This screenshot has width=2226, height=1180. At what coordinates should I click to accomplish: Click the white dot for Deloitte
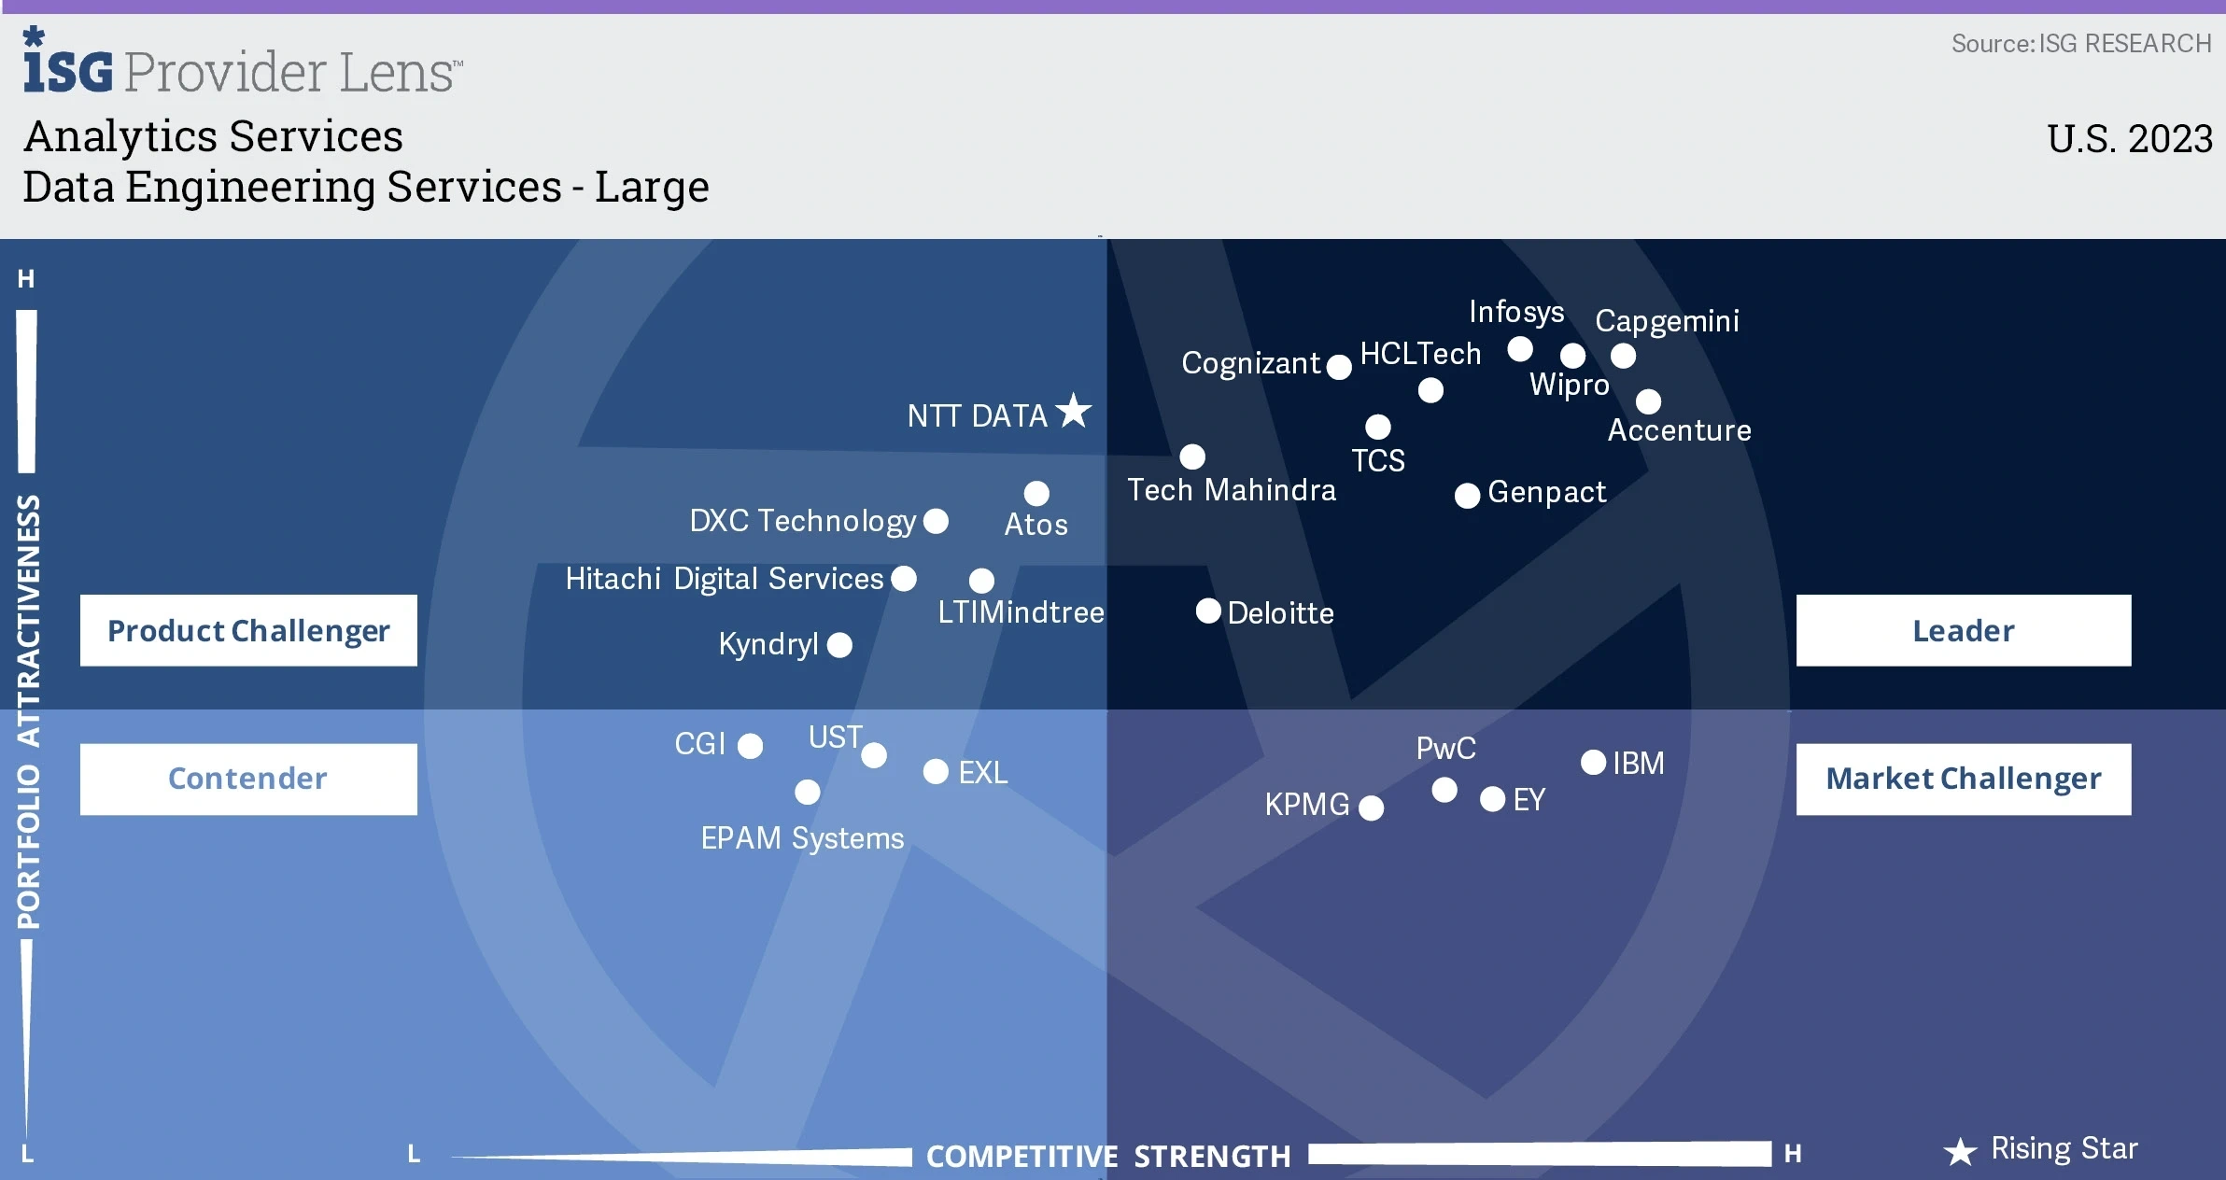click(1208, 611)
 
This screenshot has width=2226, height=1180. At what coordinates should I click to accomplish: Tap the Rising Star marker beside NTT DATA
click(1074, 411)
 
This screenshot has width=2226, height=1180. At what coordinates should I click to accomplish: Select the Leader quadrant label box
click(1964, 630)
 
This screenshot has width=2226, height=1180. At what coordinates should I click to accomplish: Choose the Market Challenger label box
click(1964, 779)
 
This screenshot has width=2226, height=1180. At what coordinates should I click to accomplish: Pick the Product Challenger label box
click(248, 630)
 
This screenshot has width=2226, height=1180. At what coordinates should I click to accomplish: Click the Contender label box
click(248, 779)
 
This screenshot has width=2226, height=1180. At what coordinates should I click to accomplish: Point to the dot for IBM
click(1593, 763)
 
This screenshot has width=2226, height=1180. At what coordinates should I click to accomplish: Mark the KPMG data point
click(1372, 808)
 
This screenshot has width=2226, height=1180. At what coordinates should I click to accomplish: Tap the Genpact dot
click(1468, 496)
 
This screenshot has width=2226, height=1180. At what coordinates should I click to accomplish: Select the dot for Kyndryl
click(839, 645)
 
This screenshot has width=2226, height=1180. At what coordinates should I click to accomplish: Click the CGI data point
click(750, 746)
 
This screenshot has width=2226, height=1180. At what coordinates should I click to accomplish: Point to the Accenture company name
click(1679, 430)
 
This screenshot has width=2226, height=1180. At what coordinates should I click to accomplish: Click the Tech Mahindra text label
click(1232, 490)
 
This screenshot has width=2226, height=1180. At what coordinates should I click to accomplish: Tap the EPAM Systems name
click(802, 838)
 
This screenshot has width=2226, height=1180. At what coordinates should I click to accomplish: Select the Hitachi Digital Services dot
click(904, 579)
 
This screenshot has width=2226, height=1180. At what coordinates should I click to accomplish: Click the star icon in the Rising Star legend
click(1960, 1151)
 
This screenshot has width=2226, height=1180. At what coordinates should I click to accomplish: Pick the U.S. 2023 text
click(2130, 139)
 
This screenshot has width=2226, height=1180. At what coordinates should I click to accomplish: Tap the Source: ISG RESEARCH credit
click(2081, 44)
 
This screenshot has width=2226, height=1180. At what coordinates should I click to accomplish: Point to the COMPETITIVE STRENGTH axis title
click(1108, 1157)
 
